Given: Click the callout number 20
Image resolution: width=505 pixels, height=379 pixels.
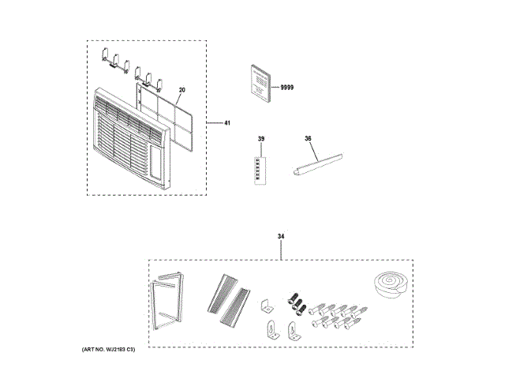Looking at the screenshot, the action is point(181,90).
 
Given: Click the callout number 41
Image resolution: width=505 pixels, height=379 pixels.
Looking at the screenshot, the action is point(228,123).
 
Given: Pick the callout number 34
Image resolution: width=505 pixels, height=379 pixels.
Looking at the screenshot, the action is point(281,235).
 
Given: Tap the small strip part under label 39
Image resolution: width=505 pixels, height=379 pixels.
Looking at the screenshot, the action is point(260,169).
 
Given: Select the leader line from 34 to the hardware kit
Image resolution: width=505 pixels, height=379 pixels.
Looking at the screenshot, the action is point(281,250).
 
